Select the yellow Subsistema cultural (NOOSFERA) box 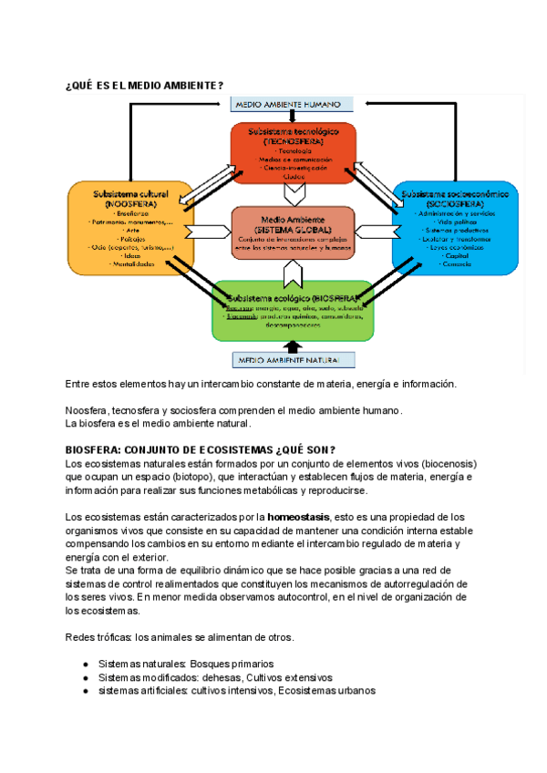130,228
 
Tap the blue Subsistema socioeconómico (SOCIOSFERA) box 455,228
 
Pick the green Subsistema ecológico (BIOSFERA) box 293,309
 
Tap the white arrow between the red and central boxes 293,192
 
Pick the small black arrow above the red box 293,117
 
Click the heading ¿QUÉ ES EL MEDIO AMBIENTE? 145,85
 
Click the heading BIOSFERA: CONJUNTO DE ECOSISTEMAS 201,450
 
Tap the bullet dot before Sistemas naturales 85,665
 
